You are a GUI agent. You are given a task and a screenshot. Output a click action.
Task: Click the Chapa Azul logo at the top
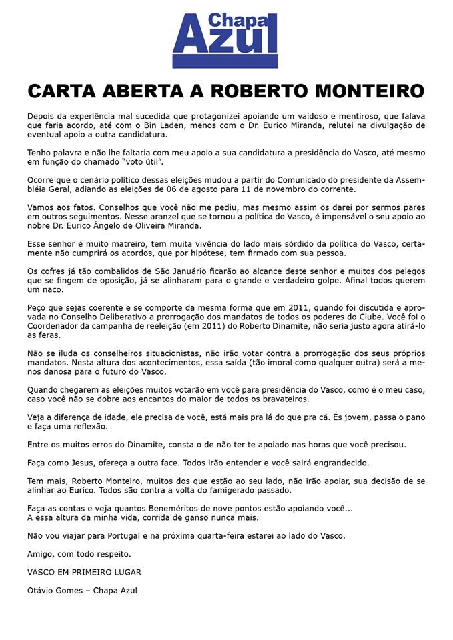click(224, 40)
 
